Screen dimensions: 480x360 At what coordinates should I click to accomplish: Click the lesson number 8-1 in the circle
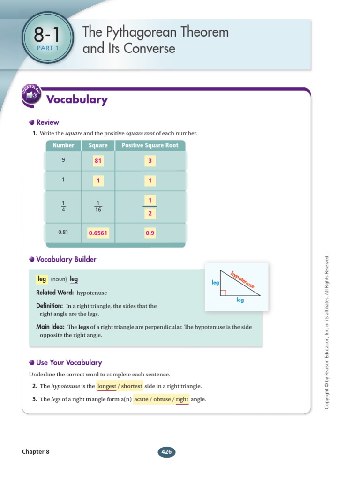[x=47, y=35]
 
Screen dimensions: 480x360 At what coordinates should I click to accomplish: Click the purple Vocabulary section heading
[x=77, y=99]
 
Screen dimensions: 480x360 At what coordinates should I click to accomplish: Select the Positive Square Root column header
[x=150, y=145]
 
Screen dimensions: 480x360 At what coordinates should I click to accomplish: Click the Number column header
[x=63, y=145]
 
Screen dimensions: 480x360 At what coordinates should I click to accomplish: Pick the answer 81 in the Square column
[x=98, y=161]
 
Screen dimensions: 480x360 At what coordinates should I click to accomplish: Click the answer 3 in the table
[x=150, y=161]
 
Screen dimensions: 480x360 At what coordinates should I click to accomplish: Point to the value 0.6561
[x=98, y=232]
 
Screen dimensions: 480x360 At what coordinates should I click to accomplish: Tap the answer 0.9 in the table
[x=150, y=232]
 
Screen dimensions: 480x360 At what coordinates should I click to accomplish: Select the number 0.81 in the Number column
[x=63, y=232]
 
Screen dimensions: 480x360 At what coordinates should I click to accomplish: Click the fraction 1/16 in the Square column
[x=98, y=206]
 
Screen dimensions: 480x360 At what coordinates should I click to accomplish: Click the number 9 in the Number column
[x=63, y=160]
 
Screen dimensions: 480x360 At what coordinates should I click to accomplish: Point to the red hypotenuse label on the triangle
[x=242, y=279]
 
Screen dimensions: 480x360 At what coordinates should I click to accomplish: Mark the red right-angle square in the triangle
[x=224, y=293]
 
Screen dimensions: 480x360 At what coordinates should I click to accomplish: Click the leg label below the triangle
[x=240, y=300]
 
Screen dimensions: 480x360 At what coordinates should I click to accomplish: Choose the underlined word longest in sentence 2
[x=106, y=386]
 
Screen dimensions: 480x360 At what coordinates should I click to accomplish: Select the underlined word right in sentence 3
[x=182, y=399]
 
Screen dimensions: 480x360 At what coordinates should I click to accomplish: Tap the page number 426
[x=167, y=452]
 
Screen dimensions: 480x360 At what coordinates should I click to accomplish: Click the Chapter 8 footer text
[x=35, y=452]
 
